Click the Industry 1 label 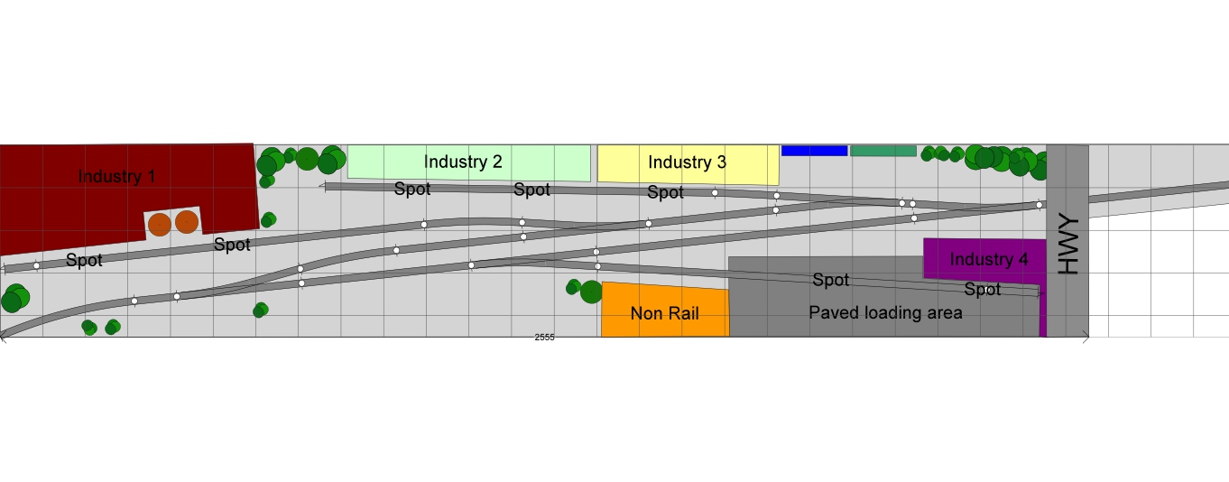pyautogui.click(x=116, y=176)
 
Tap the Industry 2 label pyautogui.click(x=463, y=162)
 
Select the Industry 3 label pyautogui.click(x=687, y=162)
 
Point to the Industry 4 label pyautogui.click(x=989, y=259)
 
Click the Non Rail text pyautogui.click(x=664, y=313)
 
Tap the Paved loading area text pyautogui.click(x=885, y=313)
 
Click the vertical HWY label pyautogui.click(x=1068, y=245)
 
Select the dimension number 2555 pyautogui.click(x=544, y=337)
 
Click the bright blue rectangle pyautogui.click(x=814, y=151)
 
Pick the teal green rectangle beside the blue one pyautogui.click(x=883, y=151)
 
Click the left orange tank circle pyautogui.click(x=160, y=225)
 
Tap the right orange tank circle pyautogui.click(x=187, y=222)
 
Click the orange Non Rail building pyautogui.click(x=666, y=310)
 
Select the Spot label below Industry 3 pyautogui.click(x=665, y=192)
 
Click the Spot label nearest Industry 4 pyautogui.click(x=982, y=289)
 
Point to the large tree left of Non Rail pyautogui.click(x=591, y=292)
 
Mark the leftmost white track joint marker pyautogui.click(x=37, y=265)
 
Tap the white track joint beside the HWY pyautogui.click(x=1039, y=205)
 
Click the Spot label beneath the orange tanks pyautogui.click(x=232, y=245)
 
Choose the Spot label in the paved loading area pyautogui.click(x=831, y=280)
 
